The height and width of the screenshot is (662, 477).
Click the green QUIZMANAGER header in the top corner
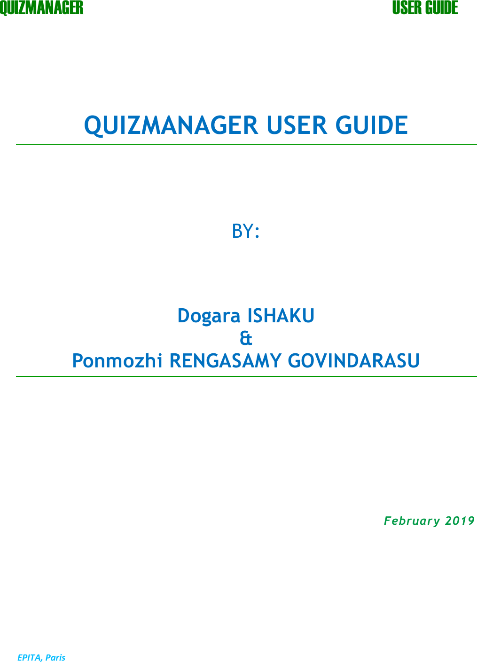(41, 8)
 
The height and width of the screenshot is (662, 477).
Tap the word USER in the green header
(407, 8)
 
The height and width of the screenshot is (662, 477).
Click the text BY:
(245, 231)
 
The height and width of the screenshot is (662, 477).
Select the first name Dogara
(209, 316)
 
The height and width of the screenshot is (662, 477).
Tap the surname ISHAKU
(281, 316)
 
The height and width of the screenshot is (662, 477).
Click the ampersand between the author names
(246, 338)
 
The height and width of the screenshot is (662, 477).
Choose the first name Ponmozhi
(118, 361)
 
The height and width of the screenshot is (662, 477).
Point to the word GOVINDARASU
(354, 361)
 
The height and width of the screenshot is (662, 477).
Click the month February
(412, 521)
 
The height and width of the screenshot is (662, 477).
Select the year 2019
(460, 521)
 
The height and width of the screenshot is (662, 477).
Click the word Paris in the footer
(55, 657)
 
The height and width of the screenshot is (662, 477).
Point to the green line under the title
(246, 144)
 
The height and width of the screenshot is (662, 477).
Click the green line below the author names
(246, 376)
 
